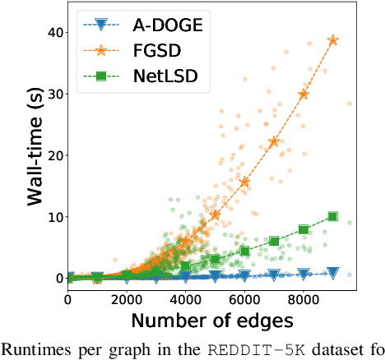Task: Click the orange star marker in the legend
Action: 101,53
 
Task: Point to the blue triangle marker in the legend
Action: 101,25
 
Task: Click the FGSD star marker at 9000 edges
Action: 333,39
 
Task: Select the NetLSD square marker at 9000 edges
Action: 333,216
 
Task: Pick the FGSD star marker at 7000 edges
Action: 274,141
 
